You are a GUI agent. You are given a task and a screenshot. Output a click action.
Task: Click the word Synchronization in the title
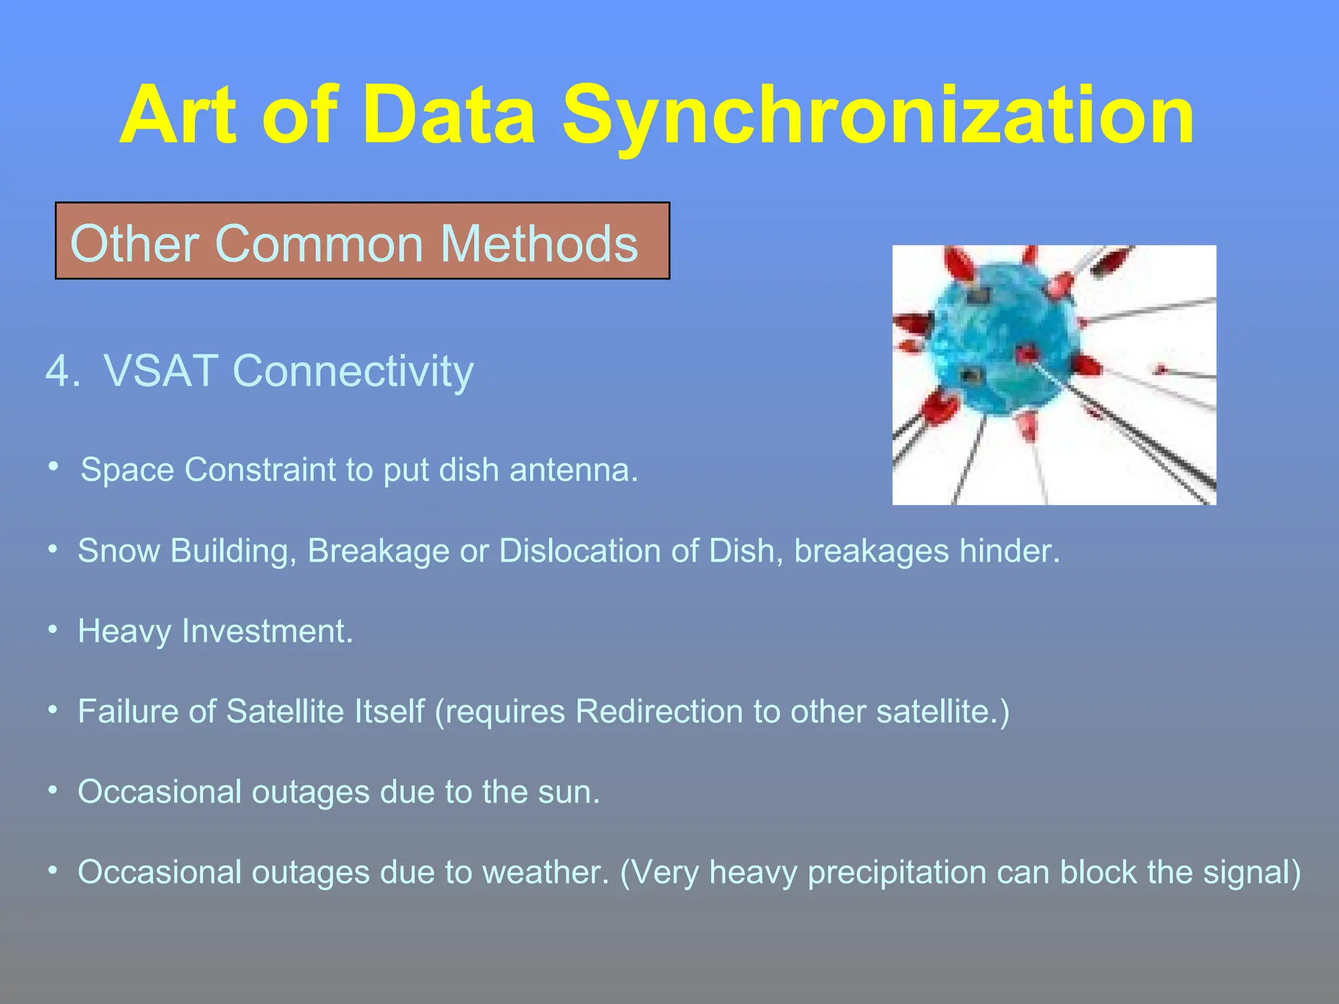click(x=877, y=116)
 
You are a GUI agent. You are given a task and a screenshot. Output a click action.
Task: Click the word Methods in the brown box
click(x=539, y=243)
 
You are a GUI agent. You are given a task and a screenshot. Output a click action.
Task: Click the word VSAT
click(x=161, y=371)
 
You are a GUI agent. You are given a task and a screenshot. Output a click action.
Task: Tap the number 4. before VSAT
click(x=63, y=371)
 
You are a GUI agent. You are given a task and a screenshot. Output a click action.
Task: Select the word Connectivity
click(x=353, y=371)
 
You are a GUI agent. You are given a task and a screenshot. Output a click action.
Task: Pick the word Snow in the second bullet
click(x=118, y=550)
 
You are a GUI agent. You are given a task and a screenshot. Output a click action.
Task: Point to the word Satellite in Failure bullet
click(x=284, y=711)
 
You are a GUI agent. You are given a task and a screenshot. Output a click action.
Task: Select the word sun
click(x=568, y=792)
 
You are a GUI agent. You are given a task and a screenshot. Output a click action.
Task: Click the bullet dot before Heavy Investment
click(x=54, y=629)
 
